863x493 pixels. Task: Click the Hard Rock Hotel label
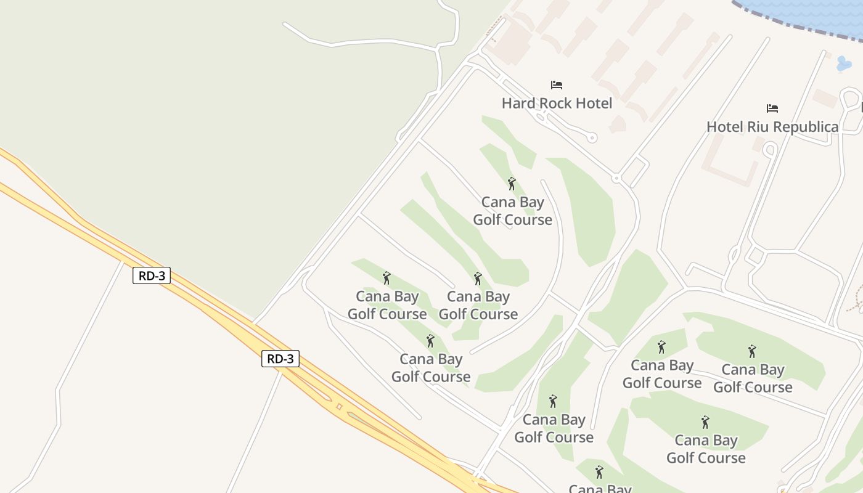[557, 103]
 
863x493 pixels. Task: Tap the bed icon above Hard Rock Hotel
[557, 84]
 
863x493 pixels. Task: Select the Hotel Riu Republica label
[772, 127]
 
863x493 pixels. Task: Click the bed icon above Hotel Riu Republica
[772, 108]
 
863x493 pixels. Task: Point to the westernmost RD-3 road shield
[151, 275]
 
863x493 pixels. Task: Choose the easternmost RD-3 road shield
[280, 359]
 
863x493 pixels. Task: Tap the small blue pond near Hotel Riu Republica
[844, 63]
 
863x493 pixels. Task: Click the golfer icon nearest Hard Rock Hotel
[512, 183]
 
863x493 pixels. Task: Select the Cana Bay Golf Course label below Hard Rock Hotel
[512, 211]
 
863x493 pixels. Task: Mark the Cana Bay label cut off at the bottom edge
[600, 488]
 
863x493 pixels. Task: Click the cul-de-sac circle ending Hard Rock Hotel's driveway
[592, 138]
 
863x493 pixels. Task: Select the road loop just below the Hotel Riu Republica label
[769, 149]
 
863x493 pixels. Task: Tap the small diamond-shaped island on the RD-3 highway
[338, 407]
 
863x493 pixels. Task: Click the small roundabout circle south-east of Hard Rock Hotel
[616, 179]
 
